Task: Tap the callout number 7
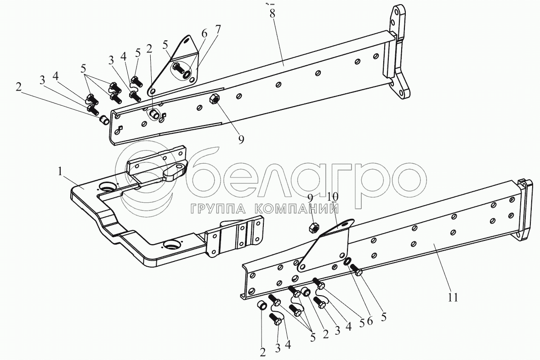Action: [x=217, y=29]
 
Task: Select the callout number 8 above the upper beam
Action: [x=273, y=13]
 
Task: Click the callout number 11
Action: [x=453, y=297]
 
